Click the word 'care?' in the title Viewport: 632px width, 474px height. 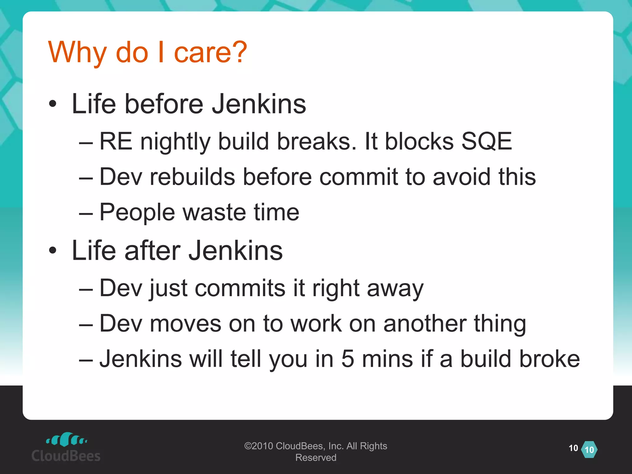[210, 52]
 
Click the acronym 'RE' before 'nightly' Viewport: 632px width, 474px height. [116, 141]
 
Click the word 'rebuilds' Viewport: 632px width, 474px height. [192, 177]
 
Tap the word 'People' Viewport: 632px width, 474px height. [137, 212]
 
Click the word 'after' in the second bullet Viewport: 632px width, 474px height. [152, 250]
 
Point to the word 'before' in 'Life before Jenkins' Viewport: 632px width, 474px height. [164, 104]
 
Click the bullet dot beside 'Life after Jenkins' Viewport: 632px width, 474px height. [53, 251]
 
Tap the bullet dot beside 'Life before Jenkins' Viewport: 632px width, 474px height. [53, 104]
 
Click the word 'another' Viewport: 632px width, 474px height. [425, 324]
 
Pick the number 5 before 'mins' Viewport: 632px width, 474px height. [347, 359]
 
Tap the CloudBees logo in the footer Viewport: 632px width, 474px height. [66, 447]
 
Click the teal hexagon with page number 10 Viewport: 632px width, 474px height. [589, 450]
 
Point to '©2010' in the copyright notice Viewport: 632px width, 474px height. [259, 446]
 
